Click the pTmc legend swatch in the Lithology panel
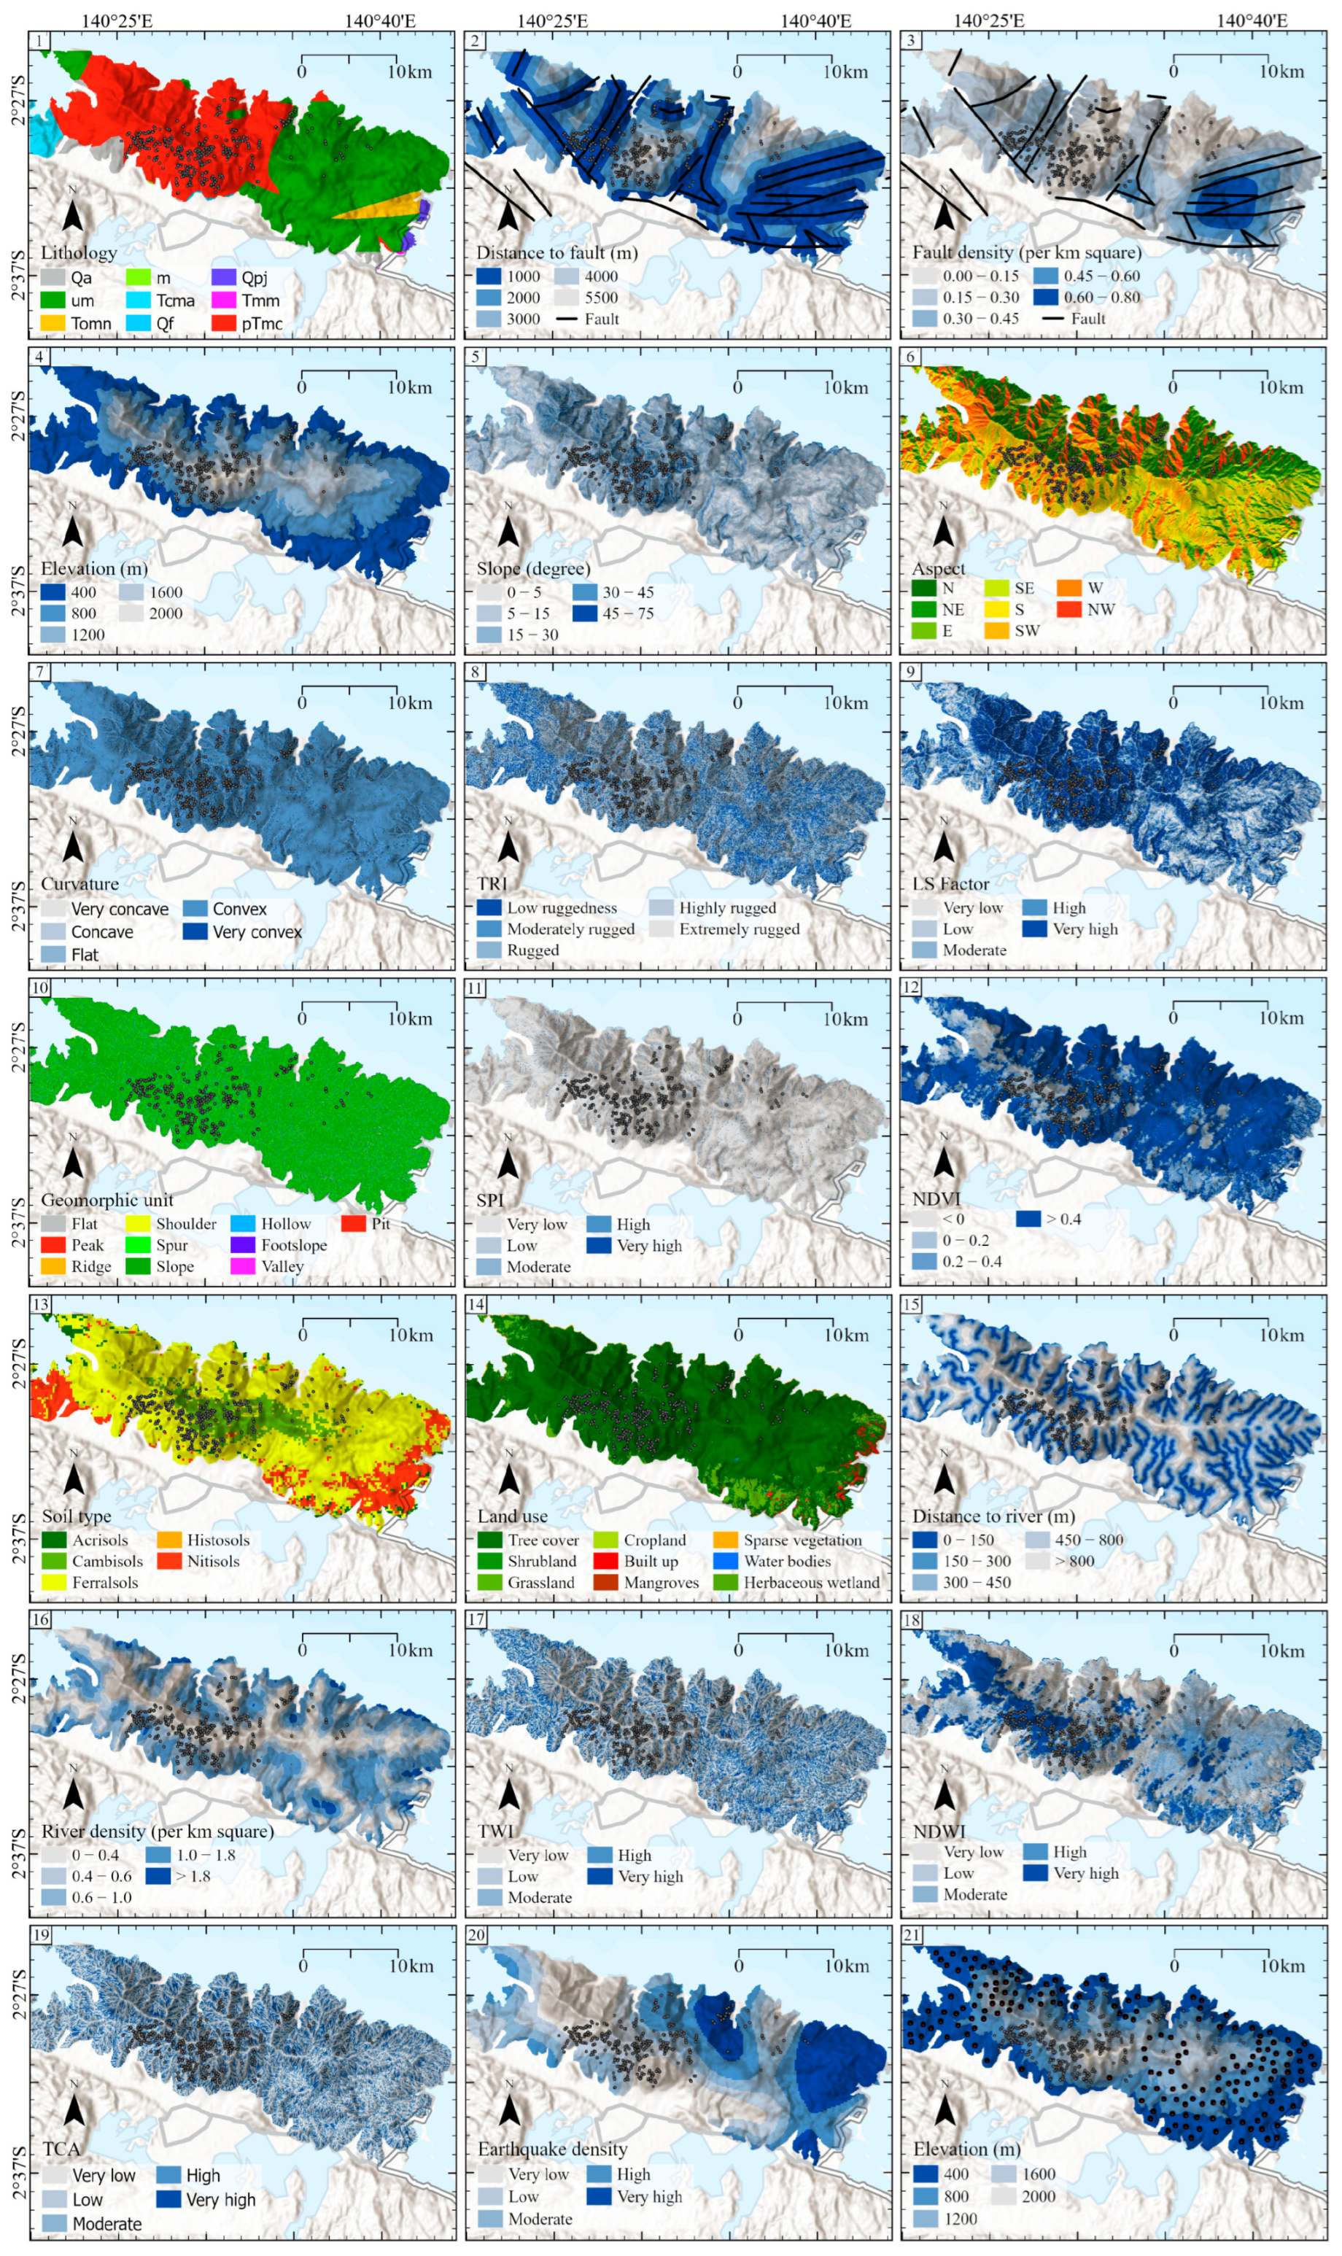point(223,323)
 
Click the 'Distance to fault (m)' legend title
point(557,252)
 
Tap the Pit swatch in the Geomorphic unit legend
point(354,1223)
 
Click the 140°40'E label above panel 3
point(1252,20)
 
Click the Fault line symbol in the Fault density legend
point(1055,318)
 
